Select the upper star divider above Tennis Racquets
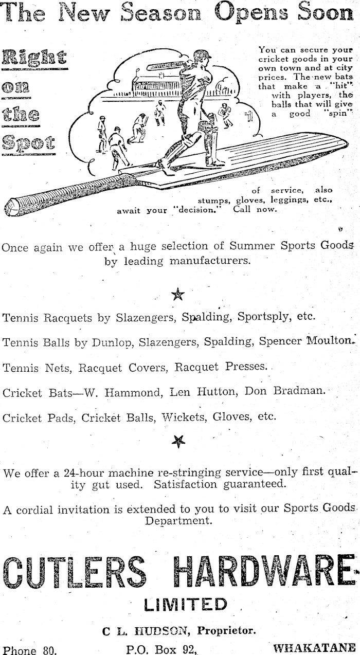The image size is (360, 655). click(178, 295)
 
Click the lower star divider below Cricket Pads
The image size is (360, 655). click(179, 441)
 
